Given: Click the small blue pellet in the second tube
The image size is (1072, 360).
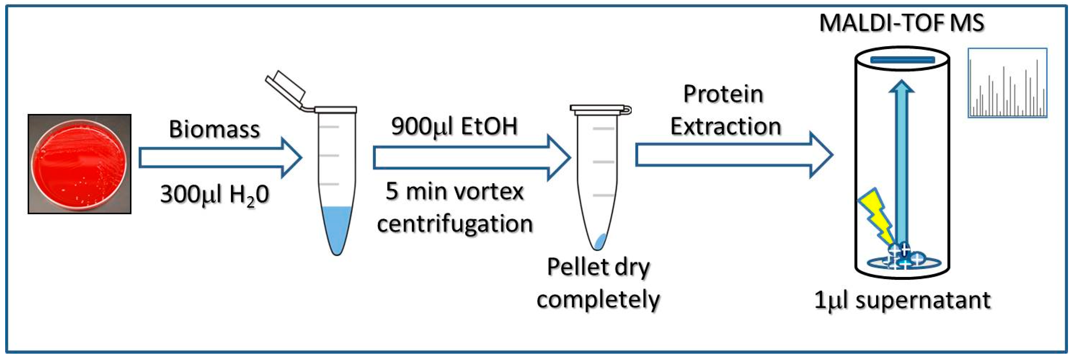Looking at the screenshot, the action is click(x=600, y=241).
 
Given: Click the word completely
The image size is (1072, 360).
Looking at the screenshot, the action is click(x=598, y=299).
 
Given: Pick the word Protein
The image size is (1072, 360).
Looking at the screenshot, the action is click(x=723, y=94).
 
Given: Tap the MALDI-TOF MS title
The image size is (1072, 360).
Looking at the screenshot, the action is click(x=901, y=23).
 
